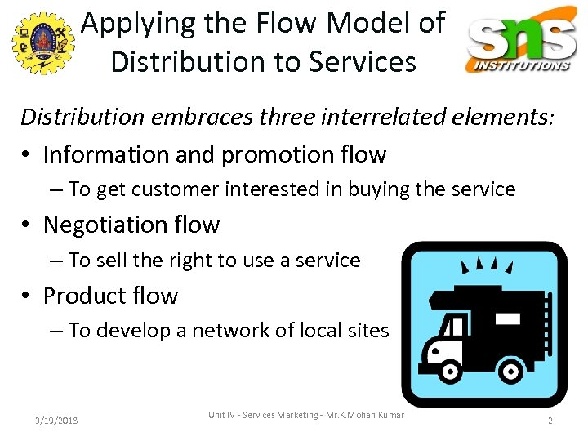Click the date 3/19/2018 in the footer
(x=56, y=420)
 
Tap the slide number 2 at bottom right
(x=550, y=420)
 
